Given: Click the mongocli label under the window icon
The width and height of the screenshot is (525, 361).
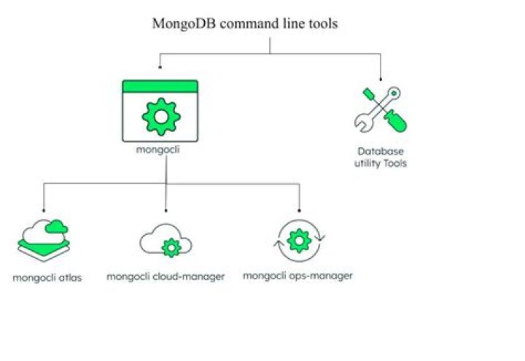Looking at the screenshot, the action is (158, 150).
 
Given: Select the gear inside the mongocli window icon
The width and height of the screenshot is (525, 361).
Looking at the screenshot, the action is (161, 117).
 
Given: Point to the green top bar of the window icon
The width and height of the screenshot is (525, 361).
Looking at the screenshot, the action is (160, 86).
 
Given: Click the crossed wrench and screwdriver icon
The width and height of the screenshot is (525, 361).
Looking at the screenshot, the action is (381, 110).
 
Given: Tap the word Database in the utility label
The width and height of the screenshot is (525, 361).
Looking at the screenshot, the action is (381, 152).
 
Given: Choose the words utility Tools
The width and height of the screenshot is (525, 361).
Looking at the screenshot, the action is (381, 163).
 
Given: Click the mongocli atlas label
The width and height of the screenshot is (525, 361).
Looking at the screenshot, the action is (47, 278).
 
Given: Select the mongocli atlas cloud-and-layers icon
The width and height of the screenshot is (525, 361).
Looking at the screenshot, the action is (44, 241).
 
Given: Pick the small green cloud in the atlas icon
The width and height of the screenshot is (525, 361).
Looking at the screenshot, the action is (57, 227).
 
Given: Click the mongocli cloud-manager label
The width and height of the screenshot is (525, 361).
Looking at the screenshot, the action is (166, 277).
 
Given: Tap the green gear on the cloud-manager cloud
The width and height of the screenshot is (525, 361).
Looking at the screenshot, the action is (171, 248).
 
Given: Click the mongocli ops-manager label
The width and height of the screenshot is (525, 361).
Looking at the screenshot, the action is (297, 276).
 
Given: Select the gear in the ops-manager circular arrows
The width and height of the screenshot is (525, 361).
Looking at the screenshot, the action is (300, 241).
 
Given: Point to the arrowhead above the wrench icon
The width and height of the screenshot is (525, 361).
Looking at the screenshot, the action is (381, 79).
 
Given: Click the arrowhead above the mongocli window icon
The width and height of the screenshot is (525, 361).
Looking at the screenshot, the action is (160, 67).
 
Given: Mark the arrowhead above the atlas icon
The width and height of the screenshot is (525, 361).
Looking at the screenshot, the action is (44, 210).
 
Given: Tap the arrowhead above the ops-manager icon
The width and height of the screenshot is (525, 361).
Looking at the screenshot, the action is (300, 210).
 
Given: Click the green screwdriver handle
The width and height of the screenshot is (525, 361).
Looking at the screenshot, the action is (396, 121).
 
